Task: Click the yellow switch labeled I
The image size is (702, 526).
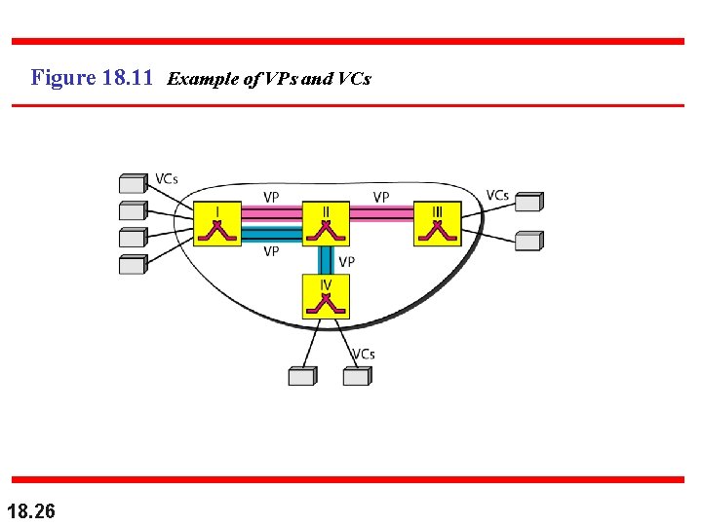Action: (216, 224)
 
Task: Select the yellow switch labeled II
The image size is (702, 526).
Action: (326, 224)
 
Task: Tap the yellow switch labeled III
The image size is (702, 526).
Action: (437, 224)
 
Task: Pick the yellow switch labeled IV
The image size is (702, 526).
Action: (326, 297)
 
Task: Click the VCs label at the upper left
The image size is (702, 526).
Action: (167, 179)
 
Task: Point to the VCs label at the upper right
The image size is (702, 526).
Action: (497, 196)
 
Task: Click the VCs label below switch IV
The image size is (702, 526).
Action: (364, 355)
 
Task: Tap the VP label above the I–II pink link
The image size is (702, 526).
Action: (272, 197)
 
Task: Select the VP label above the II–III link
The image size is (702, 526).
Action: (381, 197)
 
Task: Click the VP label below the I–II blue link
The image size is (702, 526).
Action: (272, 251)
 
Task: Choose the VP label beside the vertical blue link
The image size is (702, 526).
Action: (346, 262)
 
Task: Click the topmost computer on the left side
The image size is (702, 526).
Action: (133, 183)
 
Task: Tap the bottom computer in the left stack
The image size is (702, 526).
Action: (133, 264)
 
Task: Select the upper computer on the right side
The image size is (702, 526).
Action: (528, 202)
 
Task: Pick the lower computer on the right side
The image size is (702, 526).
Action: (528, 241)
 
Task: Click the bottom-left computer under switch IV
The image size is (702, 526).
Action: (302, 376)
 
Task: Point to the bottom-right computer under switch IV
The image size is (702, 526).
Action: (357, 376)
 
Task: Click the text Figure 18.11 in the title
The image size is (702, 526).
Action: (92, 77)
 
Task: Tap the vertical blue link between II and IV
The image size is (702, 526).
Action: (326, 260)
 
